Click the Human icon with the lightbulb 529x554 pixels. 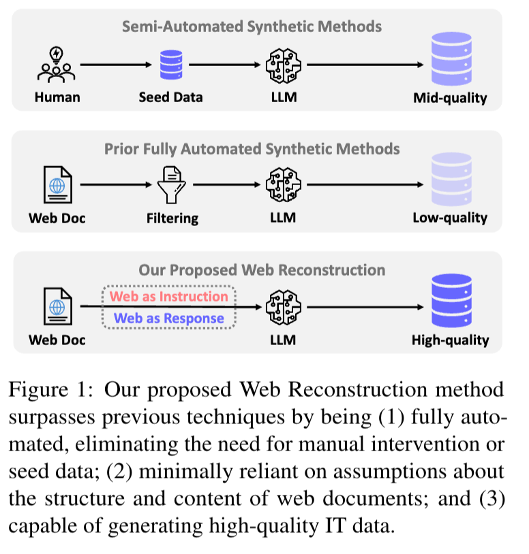point(57,65)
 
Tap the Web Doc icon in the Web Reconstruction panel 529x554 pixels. point(57,306)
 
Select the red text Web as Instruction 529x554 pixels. point(169,297)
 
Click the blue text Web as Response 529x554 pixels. point(169,318)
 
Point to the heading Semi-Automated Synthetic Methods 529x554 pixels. point(252,27)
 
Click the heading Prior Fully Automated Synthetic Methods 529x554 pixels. point(252,148)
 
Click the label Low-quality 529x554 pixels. point(450,218)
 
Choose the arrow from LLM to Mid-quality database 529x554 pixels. point(365,65)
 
